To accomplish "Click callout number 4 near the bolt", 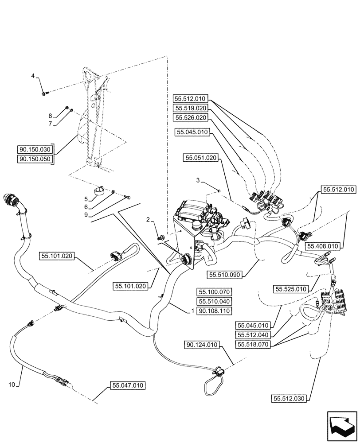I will [x=32, y=76].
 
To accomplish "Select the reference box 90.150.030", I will [x=35, y=149].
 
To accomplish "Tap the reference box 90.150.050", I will [x=35, y=159].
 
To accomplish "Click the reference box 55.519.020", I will [x=190, y=108].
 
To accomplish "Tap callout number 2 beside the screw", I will [x=149, y=220].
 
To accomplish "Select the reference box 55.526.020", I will [x=190, y=117].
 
